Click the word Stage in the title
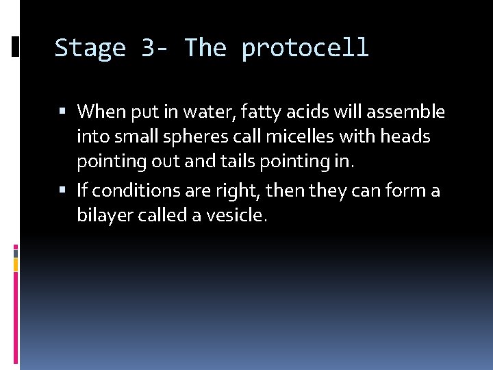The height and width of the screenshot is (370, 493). pyautogui.click(x=90, y=49)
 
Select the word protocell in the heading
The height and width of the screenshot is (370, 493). pyautogui.click(x=305, y=49)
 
